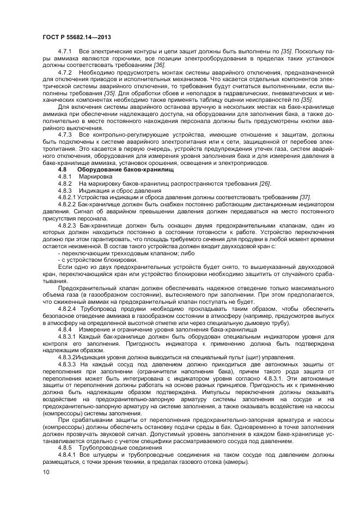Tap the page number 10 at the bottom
coord(46,471)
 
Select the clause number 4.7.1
coord(65,51)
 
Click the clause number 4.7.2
coord(65,72)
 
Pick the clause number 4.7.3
coord(65,133)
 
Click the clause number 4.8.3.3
coord(68,364)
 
